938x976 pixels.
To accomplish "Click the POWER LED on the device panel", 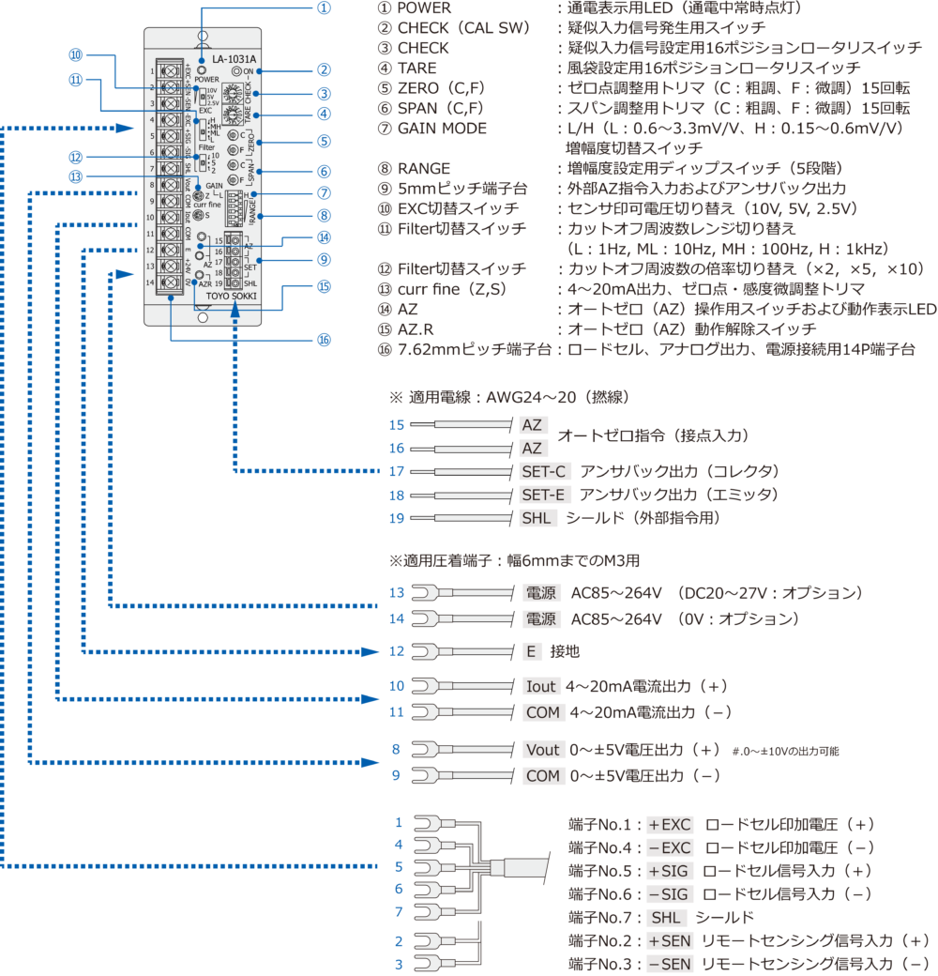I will click(x=203, y=69).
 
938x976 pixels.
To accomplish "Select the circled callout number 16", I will click(x=324, y=340).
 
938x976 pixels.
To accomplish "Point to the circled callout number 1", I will click(x=324, y=8).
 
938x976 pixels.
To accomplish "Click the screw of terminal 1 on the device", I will click(x=171, y=71).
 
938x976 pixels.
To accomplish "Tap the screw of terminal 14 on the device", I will click(x=171, y=282).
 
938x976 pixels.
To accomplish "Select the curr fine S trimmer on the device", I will click(x=199, y=216).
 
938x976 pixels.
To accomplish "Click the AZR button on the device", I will click(x=201, y=275).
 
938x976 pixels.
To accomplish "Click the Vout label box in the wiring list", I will click(x=541, y=751).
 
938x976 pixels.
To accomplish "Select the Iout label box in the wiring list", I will click(x=541, y=686).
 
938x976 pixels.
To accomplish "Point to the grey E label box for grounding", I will click(x=531, y=650).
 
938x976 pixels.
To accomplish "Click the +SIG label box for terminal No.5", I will click(x=668, y=870).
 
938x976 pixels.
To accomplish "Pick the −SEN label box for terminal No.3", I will click(x=668, y=964).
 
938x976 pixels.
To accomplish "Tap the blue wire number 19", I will click(x=397, y=517).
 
